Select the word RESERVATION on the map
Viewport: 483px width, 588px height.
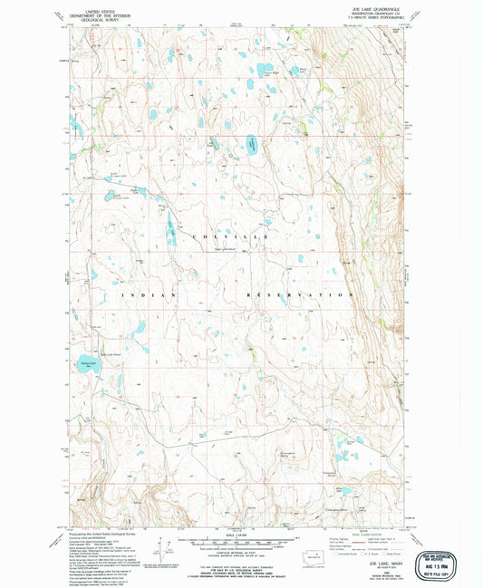click(x=300, y=295)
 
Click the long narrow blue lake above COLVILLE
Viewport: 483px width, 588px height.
click(x=171, y=222)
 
